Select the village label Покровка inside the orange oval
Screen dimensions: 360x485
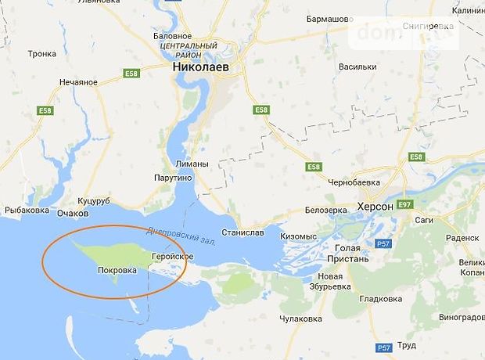[x=117, y=270]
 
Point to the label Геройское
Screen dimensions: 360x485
[x=173, y=256]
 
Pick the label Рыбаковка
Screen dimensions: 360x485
[x=27, y=210]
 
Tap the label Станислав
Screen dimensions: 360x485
[x=242, y=232]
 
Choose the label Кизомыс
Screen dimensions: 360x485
[x=299, y=236]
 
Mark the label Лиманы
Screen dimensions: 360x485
[x=192, y=164]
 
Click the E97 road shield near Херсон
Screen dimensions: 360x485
[x=404, y=205]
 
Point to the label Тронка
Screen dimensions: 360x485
[x=41, y=54]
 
